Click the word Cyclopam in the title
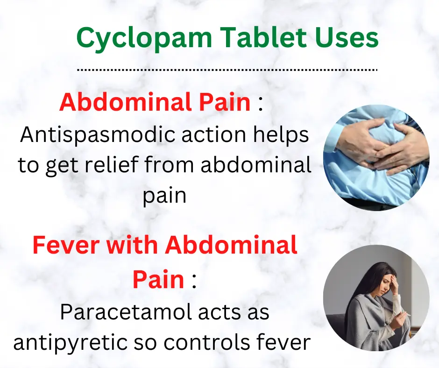pos(144,39)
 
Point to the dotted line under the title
pos(227,70)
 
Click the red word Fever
pos(66,245)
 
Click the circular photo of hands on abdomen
pos(376,158)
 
